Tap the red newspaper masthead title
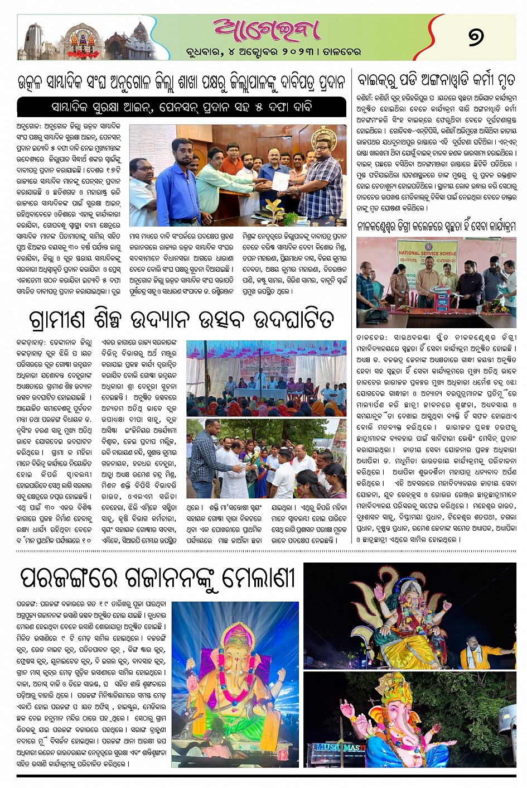(266, 31)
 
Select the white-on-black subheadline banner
(181, 107)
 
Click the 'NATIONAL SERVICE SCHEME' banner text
(427, 253)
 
